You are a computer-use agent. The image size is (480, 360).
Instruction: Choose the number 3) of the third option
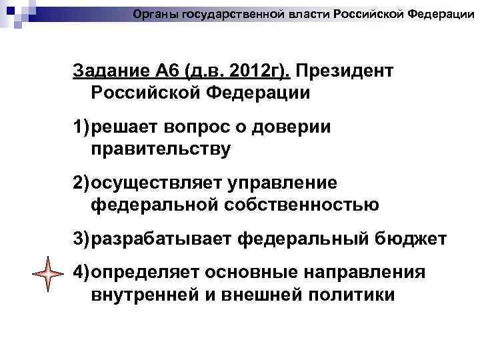click(83, 238)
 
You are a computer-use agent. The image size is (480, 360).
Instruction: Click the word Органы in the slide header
click(153, 12)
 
